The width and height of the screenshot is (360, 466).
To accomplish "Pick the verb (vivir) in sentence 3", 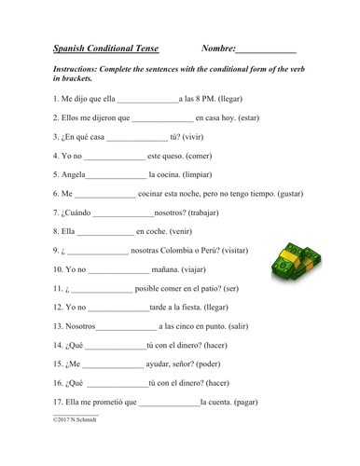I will [x=193, y=140].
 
